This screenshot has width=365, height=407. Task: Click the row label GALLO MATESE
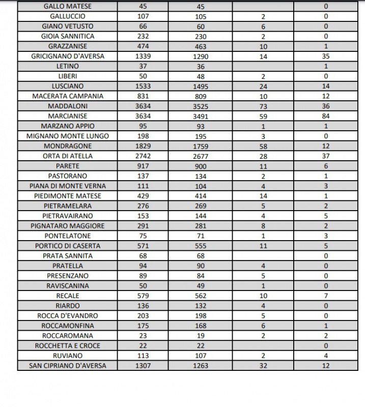[x=67, y=7]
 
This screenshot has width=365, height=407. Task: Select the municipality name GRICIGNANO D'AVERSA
[x=67, y=56]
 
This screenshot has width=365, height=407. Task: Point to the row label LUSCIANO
[x=67, y=86]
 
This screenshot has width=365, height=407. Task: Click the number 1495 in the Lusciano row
[x=201, y=86]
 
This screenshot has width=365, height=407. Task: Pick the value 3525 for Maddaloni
[x=201, y=106]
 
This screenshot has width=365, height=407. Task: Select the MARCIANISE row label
[x=67, y=117]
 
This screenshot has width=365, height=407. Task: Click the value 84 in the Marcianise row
[x=326, y=117]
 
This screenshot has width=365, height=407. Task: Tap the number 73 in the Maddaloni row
[x=263, y=106]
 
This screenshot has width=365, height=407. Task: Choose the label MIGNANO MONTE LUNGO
[x=67, y=136]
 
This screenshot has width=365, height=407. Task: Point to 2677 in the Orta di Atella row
[x=201, y=156]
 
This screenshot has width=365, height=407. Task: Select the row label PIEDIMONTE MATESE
[x=67, y=196]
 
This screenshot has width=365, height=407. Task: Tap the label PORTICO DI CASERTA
[x=67, y=246]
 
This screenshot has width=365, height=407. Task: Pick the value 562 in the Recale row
[x=201, y=296]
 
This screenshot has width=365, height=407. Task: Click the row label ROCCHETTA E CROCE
[x=67, y=345]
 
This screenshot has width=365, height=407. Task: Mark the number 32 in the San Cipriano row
[x=263, y=365]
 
